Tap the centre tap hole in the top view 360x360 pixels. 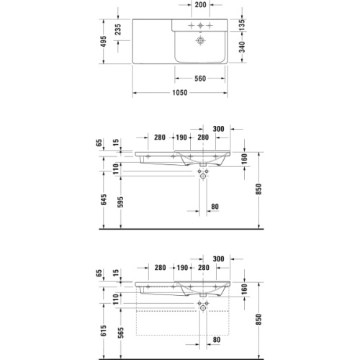point(201,24)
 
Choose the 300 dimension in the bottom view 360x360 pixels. point(218,257)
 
